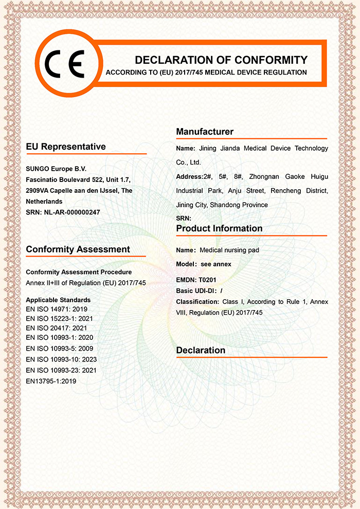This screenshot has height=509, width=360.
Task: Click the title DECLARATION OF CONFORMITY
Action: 221,60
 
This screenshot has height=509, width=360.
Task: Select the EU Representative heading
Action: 66,147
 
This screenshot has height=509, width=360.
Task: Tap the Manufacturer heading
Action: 205,132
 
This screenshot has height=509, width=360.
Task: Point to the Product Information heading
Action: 219,228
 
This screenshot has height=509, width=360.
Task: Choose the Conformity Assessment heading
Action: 78,249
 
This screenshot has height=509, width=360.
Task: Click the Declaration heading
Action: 201,351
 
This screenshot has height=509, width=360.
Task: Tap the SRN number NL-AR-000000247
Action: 71,212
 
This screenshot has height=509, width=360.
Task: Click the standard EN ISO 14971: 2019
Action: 57,310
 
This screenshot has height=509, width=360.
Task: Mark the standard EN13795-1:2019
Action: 51,381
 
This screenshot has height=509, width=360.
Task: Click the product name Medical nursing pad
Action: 229,250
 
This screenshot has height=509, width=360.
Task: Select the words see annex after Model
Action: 216,264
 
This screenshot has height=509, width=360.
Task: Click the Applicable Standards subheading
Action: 58,300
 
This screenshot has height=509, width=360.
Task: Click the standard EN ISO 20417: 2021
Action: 57,329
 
